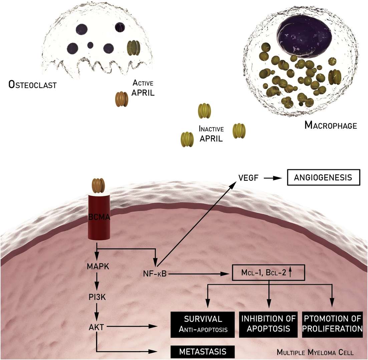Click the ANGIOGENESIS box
pos(323,178)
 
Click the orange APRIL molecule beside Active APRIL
pos(122,99)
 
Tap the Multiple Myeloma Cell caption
pos(320,352)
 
